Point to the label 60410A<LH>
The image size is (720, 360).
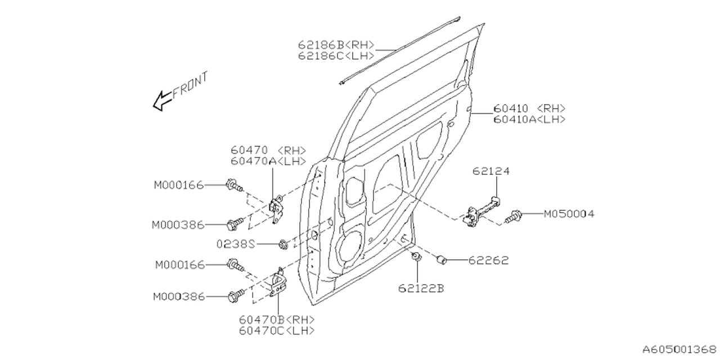coord(529,119)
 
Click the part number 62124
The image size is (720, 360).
coord(490,170)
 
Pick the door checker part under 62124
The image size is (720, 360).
coord(482,213)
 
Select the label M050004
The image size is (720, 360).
coord(569,214)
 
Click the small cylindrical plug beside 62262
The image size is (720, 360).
coord(442,259)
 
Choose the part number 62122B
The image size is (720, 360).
coord(421,289)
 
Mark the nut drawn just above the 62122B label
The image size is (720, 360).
coord(417,258)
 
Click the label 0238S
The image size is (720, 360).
coord(236,244)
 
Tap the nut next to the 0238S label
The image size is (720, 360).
coord(284,244)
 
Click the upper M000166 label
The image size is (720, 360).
coord(179,184)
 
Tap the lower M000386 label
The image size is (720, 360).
coord(179,296)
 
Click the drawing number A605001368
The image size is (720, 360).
coord(679,349)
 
